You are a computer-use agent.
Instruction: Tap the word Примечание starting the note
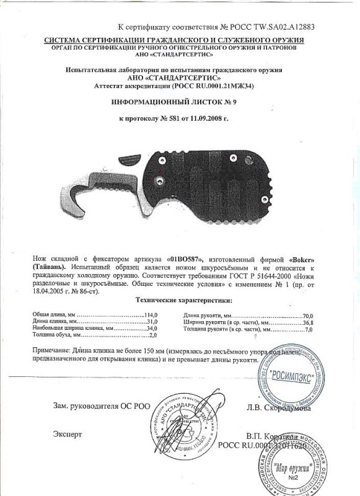53,351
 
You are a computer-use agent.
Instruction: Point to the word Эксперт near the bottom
67,433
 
